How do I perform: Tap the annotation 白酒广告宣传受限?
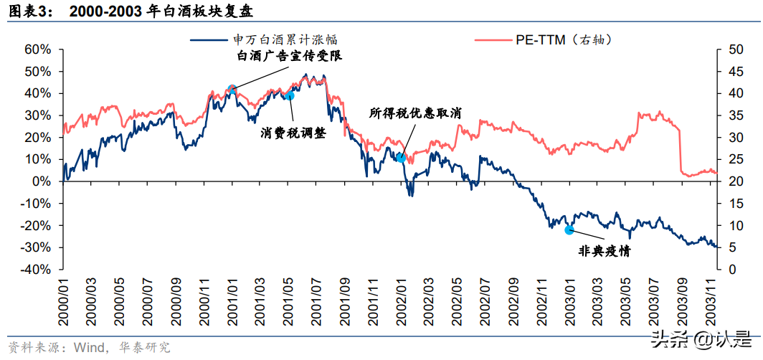click(285, 57)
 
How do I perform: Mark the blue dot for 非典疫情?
click(569, 229)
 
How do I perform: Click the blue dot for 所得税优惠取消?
click(401, 158)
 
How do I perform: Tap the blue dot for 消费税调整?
click(289, 95)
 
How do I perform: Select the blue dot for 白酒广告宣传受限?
click(232, 90)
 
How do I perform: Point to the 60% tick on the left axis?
click(38, 49)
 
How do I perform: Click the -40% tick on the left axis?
click(36, 270)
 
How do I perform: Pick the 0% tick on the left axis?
click(42, 181)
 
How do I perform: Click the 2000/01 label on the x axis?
click(65, 300)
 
